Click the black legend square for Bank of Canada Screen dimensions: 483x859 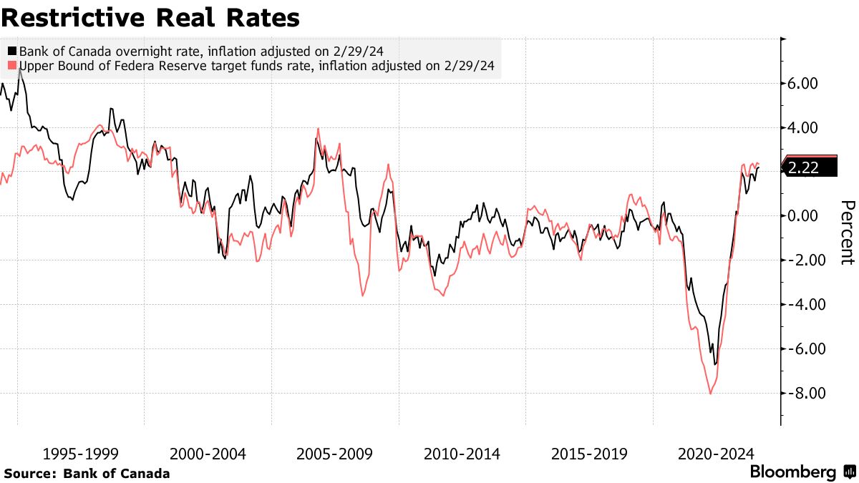point(12,52)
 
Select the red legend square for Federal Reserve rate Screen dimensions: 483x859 point(12,67)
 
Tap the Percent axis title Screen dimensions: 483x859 point(846,233)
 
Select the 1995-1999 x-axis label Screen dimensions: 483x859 point(81,454)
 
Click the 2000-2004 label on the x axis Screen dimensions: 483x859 point(208,454)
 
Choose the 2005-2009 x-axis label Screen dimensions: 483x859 point(335,454)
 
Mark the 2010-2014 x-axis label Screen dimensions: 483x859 point(462,454)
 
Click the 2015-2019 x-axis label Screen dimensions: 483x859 point(589,454)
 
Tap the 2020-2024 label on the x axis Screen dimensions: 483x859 point(716,454)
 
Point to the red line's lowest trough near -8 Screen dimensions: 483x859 point(710,393)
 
